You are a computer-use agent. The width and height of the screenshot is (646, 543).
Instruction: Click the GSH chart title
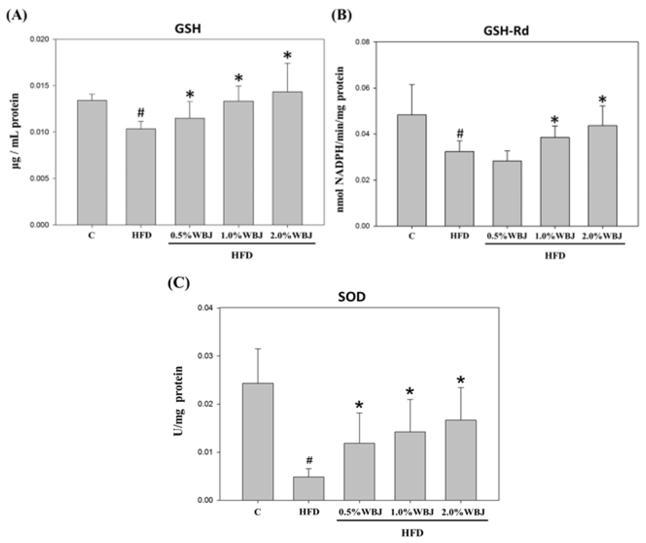(188, 29)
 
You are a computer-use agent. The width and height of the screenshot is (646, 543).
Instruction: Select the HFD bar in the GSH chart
(141, 177)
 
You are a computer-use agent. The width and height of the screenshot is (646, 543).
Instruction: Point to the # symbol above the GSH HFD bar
(141, 113)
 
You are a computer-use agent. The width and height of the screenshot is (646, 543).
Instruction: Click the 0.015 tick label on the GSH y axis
(39, 86)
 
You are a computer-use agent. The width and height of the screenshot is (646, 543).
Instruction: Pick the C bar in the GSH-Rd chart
(412, 171)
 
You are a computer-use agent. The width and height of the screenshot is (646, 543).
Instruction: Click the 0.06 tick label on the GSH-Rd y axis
(362, 88)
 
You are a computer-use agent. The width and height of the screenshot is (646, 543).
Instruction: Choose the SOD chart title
(352, 297)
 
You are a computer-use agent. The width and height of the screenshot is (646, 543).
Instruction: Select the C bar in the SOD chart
(258, 442)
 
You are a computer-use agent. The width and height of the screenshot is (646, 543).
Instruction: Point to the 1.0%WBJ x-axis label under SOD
(412, 512)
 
